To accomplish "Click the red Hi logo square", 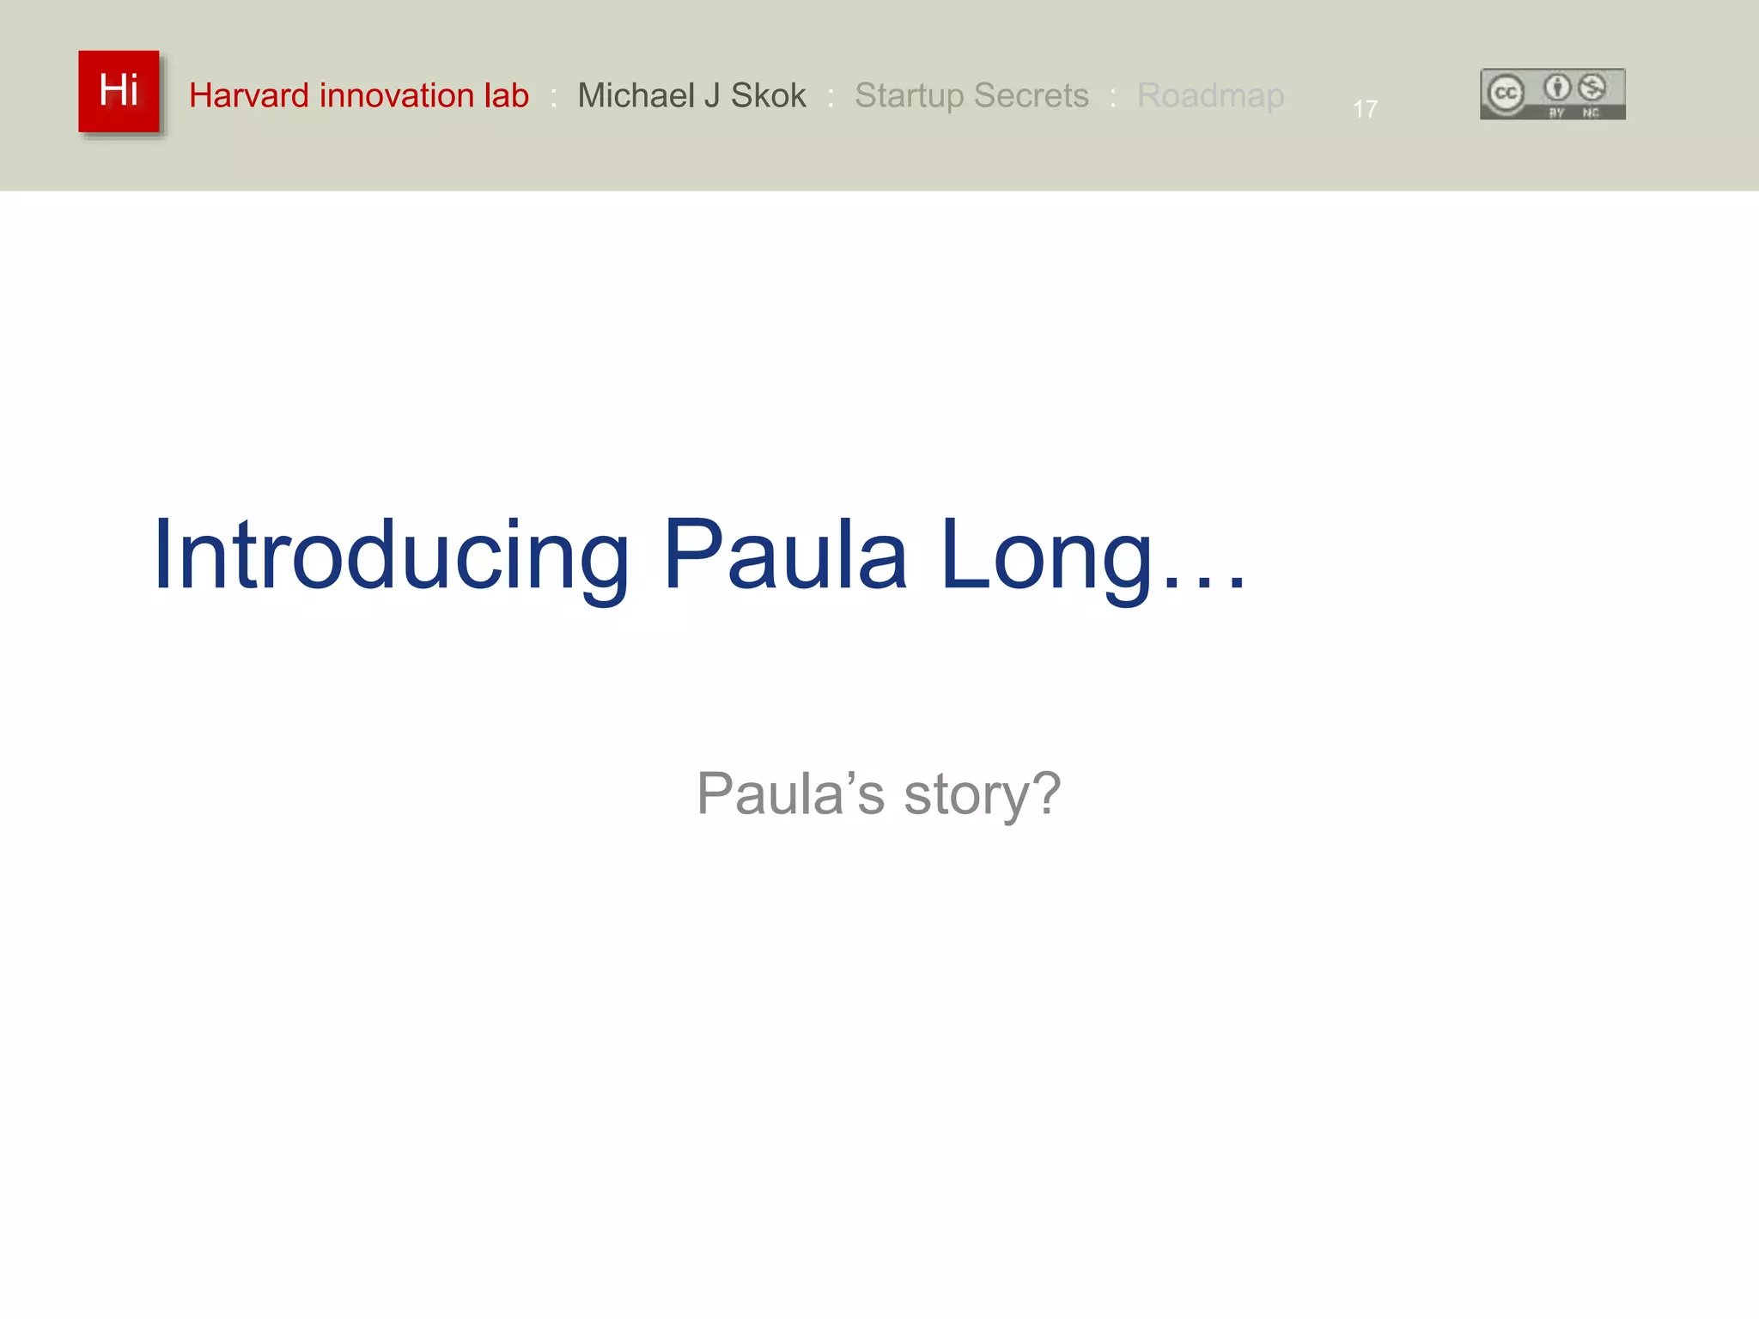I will [x=119, y=91].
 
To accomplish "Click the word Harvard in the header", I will [x=248, y=95].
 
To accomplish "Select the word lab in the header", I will [x=506, y=95].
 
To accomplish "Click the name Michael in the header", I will [x=636, y=95].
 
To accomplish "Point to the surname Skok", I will [x=768, y=95].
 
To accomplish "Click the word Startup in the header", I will [x=909, y=95].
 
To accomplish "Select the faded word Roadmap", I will [x=1210, y=95].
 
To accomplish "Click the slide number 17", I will [x=1365, y=109].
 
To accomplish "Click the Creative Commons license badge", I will [x=1552, y=94].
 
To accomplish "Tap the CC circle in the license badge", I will [x=1505, y=93].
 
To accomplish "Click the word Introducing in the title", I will [x=392, y=556].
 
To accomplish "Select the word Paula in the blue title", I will [x=785, y=556].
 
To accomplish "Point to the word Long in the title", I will [x=1046, y=556].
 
